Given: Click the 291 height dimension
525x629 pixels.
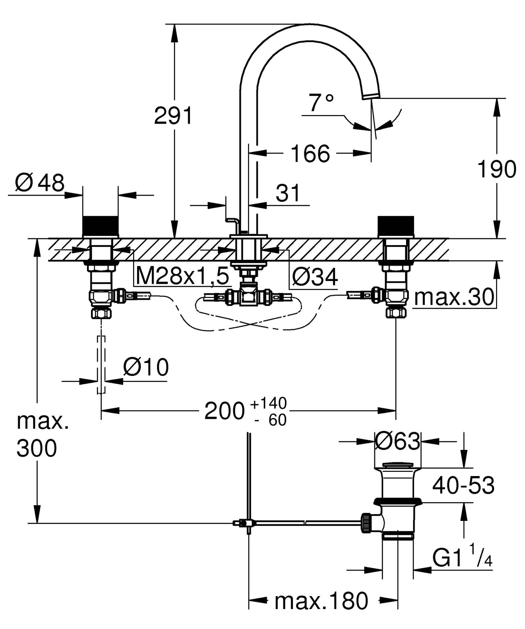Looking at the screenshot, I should tap(173, 116).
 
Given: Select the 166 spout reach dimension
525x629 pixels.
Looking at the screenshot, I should tap(310, 154).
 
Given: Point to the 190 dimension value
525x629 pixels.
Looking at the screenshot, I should tap(496, 169).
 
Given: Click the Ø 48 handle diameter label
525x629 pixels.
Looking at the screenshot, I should tap(40, 183).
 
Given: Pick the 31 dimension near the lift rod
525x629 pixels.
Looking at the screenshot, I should tap(288, 193).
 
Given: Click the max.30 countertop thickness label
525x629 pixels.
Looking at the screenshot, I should tap(454, 297).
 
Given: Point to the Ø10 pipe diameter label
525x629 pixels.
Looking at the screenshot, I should tap(146, 367).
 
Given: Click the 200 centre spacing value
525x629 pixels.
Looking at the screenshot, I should tap(224, 411).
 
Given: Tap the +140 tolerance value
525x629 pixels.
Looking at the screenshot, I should tap(269, 403).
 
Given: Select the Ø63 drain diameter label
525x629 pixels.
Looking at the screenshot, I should tap(397, 442).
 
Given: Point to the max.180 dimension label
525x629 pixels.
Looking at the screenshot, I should tap(322, 601).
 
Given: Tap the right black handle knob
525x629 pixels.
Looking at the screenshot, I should tap(396, 226).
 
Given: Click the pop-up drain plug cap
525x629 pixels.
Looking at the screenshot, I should tap(398, 466).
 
